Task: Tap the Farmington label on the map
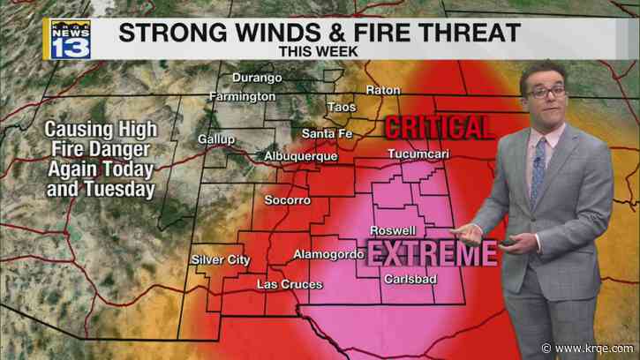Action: (243, 95)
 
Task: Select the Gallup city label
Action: (216, 139)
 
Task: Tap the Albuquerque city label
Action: (302, 156)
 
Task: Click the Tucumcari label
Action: (415, 155)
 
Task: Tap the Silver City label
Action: (221, 259)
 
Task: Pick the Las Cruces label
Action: (290, 284)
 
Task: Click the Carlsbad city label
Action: (409, 280)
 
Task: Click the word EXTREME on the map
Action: (431, 254)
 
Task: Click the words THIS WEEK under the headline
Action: (319, 52)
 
